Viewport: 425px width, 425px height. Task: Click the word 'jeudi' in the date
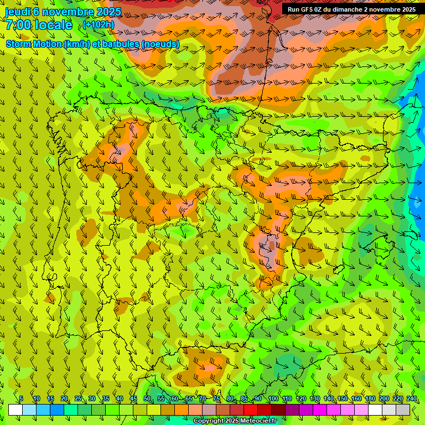click(x=18, y=12)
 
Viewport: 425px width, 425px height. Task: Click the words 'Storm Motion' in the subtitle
click(x=34, y=44)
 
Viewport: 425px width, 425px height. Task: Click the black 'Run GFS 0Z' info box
click(x=353, y=9)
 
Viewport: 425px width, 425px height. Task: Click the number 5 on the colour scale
click(x=21, y=398)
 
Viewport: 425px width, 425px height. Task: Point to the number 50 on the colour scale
click(x=147, y=398)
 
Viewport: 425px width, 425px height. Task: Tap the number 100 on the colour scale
click(x=273, y=398)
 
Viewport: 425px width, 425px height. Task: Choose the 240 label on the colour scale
click(x=412, y=398)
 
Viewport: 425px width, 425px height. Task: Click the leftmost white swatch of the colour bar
click(x=15, y=410)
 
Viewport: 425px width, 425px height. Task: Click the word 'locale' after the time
click(x=53, y=25)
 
